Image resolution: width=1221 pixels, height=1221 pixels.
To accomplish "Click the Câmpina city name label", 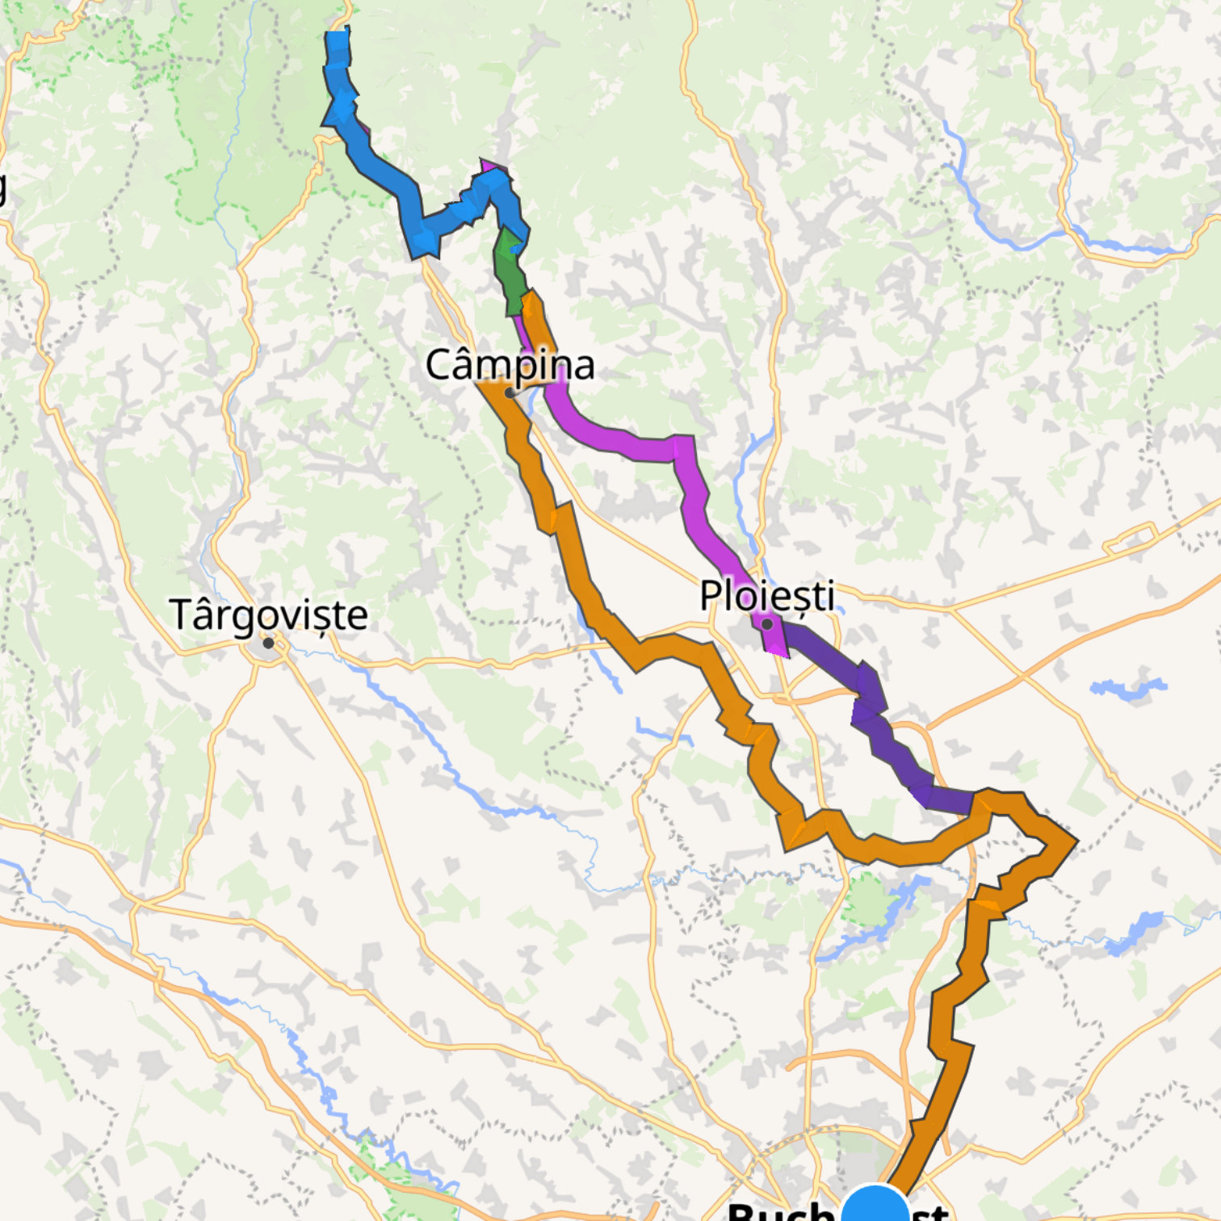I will point(510,364).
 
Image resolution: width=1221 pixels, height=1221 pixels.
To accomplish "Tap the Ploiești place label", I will point(766,596).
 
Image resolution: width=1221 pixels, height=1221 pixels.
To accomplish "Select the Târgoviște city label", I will point(268,615).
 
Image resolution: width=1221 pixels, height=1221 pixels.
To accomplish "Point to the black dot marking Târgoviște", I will point(268,643).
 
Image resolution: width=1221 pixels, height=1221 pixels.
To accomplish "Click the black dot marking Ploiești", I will point(767,624).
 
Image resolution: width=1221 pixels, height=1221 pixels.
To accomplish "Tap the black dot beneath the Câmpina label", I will point(510,393).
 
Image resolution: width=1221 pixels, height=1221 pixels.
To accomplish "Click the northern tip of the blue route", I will point(338,36).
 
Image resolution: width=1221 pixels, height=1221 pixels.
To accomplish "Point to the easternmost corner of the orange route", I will point(1075,841).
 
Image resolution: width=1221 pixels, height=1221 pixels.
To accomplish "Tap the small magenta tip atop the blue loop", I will point(488,166).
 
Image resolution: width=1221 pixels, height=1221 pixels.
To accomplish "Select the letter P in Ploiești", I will point(709,596).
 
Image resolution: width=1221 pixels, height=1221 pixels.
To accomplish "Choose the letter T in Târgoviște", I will point(181,615).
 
